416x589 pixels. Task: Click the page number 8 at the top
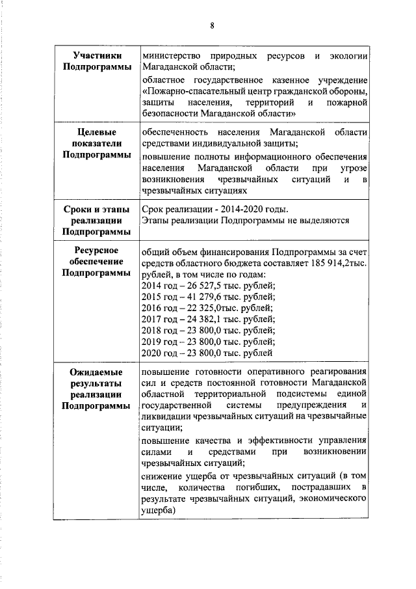click(x=212, y=26)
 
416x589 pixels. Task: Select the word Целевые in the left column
click(x=96, y=132)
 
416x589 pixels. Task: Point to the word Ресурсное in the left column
click(x=96, y=250)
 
